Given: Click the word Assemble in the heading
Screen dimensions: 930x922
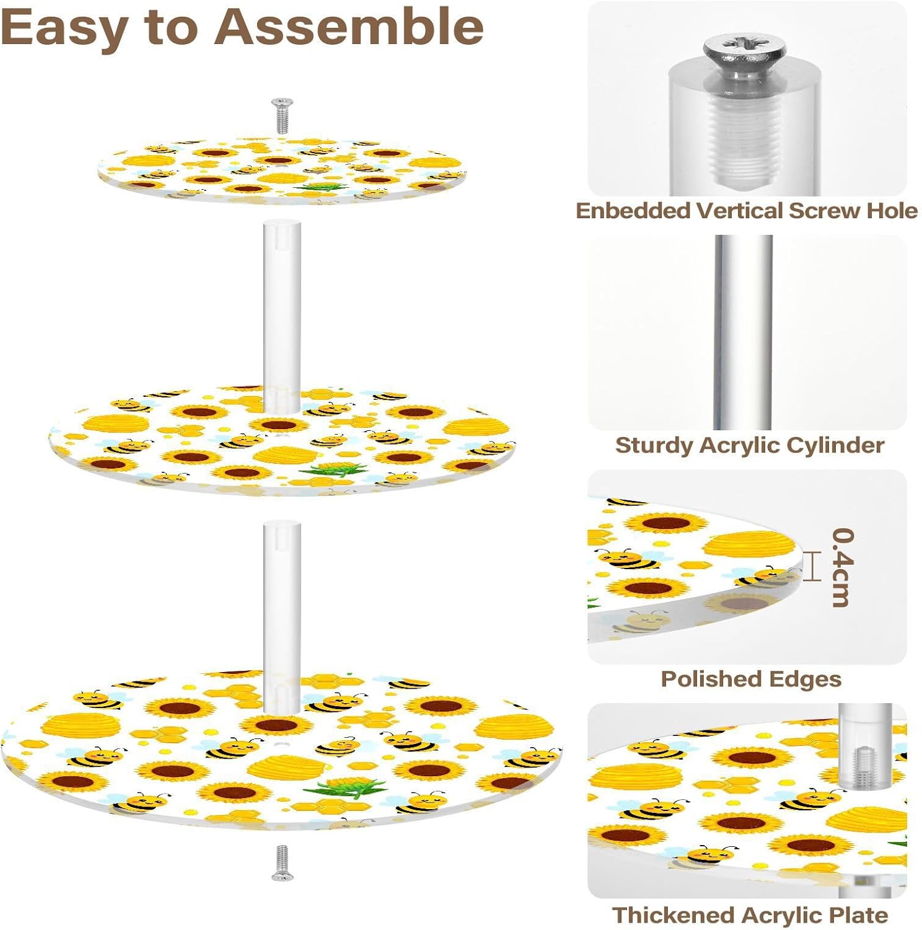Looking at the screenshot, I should [x=349, y=27].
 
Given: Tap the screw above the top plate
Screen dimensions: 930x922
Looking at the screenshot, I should [x=282, y=115].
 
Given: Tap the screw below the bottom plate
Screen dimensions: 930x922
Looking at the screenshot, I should [x=282, y=862].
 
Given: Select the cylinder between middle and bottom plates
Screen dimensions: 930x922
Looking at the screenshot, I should [x=281, y=614].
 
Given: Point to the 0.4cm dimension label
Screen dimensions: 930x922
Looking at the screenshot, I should [x=843, y=567].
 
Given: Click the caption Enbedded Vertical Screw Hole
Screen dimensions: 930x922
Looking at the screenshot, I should [x=746, y=211].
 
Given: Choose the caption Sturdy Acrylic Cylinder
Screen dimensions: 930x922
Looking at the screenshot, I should [x=749, y=445].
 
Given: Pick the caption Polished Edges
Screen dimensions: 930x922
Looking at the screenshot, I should [x=750, y=679].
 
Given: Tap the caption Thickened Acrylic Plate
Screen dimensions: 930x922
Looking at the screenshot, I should [x=750, y=915].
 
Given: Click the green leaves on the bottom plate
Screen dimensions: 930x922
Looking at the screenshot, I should [x=338, y=789].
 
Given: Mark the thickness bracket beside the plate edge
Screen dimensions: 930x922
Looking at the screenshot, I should [x=812, y=566].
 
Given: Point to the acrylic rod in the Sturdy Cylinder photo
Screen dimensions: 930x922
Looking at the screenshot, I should [x=743, y=332].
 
